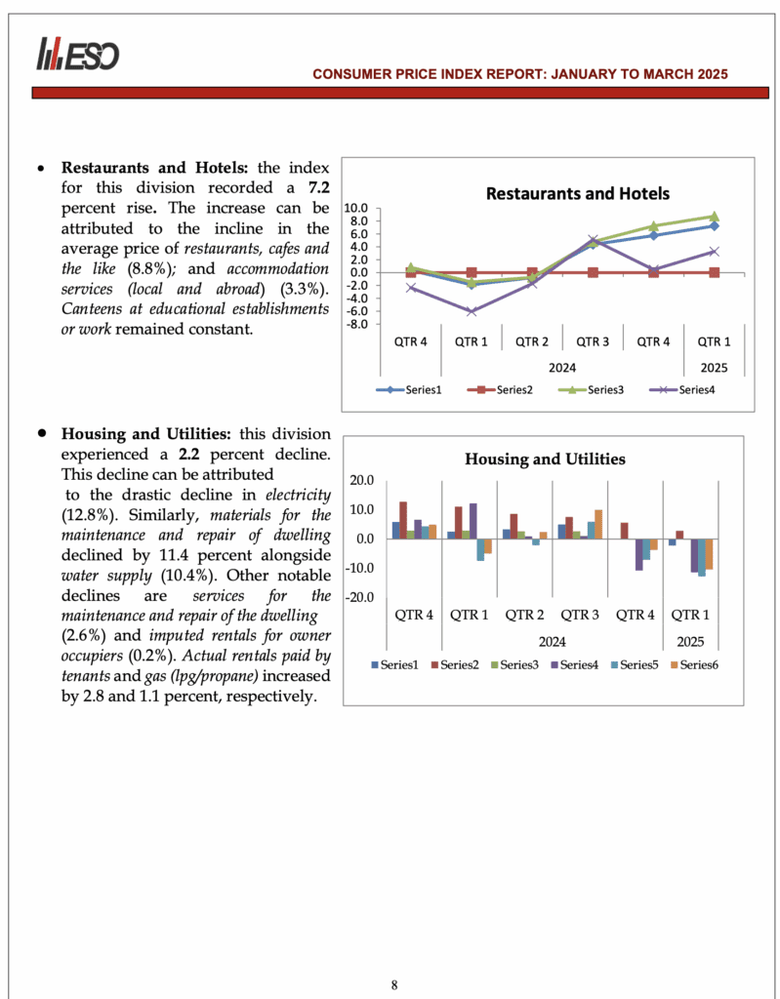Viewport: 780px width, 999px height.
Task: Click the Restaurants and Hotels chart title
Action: tap(578, 193)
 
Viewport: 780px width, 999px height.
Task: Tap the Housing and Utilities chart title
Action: tap(545, 459)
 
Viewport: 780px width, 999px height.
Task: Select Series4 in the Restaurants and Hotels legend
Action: tap(689, 390)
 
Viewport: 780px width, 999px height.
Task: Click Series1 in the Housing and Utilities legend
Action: tap(394, 664)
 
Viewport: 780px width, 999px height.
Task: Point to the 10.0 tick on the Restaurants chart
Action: tap(356, 208)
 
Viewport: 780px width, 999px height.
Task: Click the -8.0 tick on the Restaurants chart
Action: tap(356, 324)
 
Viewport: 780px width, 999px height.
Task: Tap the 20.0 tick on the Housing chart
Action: tap(361, 480)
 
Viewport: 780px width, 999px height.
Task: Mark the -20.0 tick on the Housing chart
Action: tap(359, 597)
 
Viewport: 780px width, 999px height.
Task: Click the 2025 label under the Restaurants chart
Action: tap(714, 367)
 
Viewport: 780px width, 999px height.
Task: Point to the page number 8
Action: tap(394, 984)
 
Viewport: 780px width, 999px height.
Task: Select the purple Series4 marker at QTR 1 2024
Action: tap(472, 311)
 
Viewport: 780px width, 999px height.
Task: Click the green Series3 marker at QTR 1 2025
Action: tap(714, 217)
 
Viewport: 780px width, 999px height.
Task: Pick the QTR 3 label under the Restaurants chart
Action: tap(593, 341)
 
